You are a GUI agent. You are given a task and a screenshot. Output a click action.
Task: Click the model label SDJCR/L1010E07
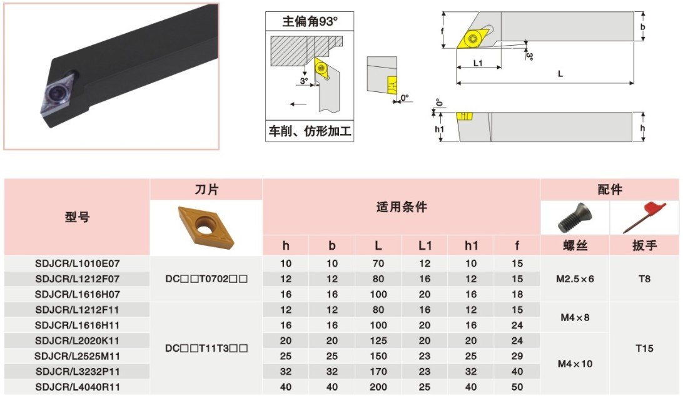pos(77,263)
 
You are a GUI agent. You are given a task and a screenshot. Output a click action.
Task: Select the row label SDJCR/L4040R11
pos(77,387)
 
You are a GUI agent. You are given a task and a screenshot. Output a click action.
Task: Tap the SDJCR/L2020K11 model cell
pos(77,340)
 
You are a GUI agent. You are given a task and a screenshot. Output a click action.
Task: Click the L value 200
pos(378,387)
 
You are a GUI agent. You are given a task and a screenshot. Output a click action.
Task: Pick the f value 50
pos(517,387)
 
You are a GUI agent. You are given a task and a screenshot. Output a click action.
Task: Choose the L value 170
pos(378,371)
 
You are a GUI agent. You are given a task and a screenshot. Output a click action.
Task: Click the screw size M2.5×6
pos(574,279)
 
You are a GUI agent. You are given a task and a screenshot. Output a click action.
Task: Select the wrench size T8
pos(645,279)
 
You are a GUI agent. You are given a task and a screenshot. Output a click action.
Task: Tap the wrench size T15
pos(645,348)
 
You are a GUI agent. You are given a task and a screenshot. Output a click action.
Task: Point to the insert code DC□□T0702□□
pos(206,279)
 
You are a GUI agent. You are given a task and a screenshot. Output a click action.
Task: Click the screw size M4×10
pos(574,364)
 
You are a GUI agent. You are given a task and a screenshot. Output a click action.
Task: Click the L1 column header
pos(425,246)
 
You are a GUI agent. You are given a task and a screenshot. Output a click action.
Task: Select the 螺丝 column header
pos(574,246)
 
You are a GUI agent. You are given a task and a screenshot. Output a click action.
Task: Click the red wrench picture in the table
pos(645,217)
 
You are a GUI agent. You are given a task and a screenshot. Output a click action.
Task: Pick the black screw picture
pos(574,218)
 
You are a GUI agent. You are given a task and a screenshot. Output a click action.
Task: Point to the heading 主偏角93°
pos(310,21)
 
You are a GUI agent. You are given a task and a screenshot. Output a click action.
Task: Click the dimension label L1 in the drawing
pos(478,63)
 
